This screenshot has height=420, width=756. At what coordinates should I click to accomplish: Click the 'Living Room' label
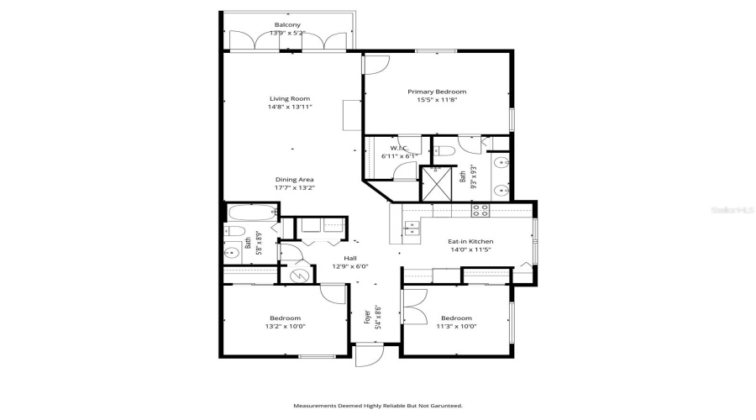283,98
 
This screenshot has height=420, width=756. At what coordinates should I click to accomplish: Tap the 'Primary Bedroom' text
436,92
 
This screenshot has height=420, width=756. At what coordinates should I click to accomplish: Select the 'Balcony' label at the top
287,24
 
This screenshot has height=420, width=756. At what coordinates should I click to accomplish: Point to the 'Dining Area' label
294,179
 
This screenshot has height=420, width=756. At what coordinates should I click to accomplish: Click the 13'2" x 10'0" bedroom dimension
285,328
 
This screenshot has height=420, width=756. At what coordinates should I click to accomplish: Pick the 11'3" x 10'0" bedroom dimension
456,328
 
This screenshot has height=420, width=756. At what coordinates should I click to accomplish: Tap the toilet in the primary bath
445,151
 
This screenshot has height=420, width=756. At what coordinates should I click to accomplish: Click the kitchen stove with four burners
480,210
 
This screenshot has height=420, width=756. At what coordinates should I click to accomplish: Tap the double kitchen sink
411,227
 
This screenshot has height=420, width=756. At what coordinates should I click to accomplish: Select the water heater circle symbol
299,275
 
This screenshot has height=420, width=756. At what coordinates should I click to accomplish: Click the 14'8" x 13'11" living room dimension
283,108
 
